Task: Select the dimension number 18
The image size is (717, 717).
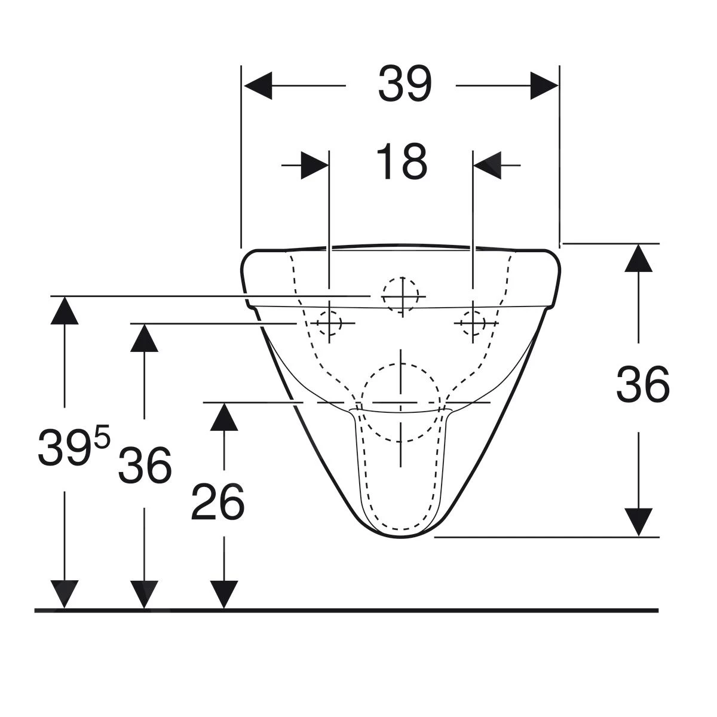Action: click(x=402, y=161)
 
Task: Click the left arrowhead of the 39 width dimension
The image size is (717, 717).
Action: click(x=258, y=85)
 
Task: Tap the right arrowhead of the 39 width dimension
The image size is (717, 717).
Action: click(x=544, y=85)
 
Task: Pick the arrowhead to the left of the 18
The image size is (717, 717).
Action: click(x=314, y=165)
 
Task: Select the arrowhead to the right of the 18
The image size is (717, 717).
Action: click(x=487, y=165)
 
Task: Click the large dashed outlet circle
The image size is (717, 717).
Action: click(x=401, y=403)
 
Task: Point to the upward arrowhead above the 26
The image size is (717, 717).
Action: click(x=224, y=417)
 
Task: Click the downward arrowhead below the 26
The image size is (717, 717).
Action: click(x=224, y=594)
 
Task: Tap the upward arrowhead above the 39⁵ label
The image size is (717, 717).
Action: click(x=65, y=311)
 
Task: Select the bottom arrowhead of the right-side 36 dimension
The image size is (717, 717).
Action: click(x=639, y=522)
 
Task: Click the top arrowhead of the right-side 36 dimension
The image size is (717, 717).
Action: click(x=639, y=258)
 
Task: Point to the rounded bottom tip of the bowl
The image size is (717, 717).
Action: click(x=401, y=537)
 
